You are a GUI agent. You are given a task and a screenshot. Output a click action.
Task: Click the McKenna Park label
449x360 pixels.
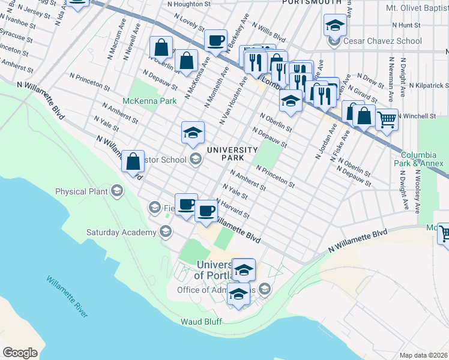[149, 101]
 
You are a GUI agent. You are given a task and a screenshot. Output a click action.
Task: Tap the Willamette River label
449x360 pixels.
[67, 296]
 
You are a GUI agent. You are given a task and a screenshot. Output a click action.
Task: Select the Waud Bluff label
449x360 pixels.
[201, 322]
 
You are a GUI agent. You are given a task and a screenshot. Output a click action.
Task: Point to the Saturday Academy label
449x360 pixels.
[121, 232]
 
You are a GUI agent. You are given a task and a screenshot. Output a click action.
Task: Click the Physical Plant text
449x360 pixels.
[81, 192]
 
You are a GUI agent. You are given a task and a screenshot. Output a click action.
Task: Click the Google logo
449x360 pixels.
[20, 353]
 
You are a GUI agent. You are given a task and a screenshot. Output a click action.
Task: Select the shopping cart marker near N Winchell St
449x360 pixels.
[387, 119]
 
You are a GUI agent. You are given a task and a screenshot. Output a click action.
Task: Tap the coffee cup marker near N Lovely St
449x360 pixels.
[215, 41]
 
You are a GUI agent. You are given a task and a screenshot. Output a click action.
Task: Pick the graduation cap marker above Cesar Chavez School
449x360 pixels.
[335, 25]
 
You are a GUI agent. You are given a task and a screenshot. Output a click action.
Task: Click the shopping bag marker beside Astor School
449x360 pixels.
[133, 161]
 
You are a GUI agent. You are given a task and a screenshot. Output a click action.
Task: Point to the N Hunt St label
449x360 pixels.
[406, 25]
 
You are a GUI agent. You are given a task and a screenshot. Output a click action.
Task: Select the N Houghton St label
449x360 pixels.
[188, 4]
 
